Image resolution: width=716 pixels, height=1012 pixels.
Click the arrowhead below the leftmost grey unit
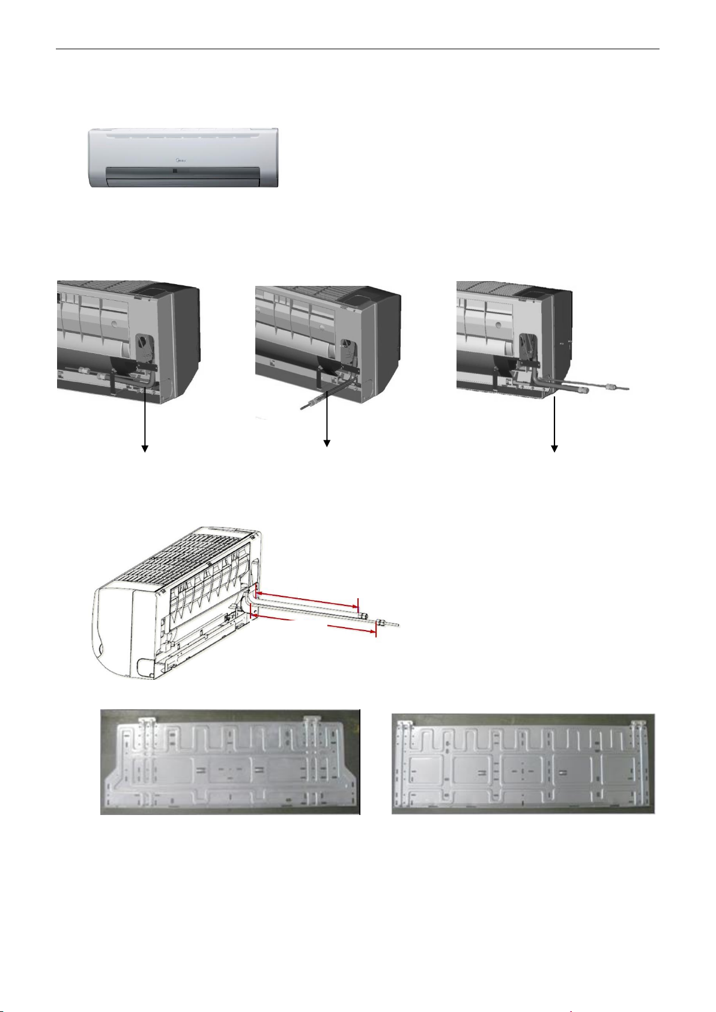[x=144, y=447]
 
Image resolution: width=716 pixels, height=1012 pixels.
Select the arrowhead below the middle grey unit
[x=327, y=444]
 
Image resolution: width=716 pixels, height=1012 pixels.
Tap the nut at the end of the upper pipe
[x=363, y=616]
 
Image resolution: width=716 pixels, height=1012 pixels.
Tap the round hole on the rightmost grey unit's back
[x=499, y=323]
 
